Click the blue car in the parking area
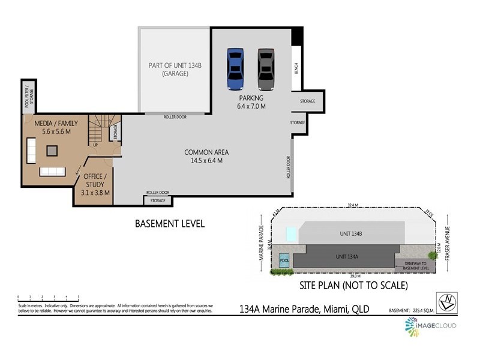(235, 69)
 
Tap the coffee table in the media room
(53, 150)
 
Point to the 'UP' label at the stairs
(95, 145)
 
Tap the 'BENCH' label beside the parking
(296, 69)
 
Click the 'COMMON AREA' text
(206, 152)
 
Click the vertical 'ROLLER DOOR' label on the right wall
(288, 169)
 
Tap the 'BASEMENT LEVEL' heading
(169, 224)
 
